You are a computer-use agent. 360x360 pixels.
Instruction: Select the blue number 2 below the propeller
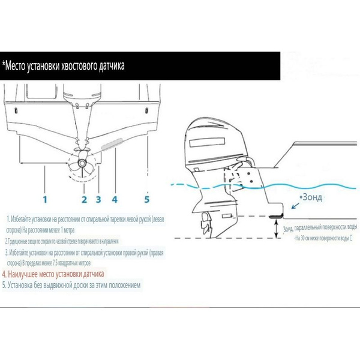[x=85, y=199]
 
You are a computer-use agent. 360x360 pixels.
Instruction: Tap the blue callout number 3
[x=98, y=199]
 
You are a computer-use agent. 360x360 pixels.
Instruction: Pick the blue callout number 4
[x=115, y=198]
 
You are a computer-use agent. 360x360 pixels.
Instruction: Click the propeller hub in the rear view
[x=82, y=163]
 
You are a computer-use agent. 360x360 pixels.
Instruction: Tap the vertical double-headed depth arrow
[x=277, y=229]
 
